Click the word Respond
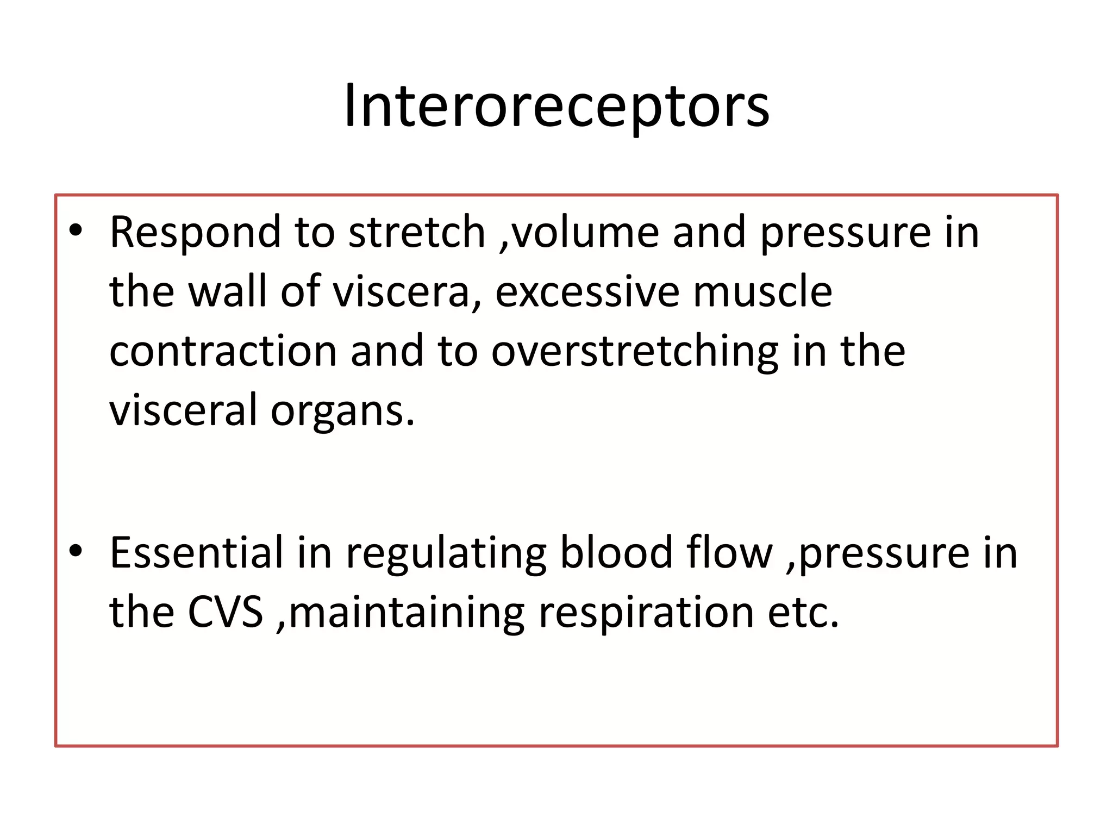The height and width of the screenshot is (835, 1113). [x=195, y=232]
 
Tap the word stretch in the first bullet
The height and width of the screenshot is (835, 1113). [x=416, y=232]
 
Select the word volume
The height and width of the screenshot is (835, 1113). [x=585, y=232]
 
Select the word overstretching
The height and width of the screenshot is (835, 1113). [x=634, y=352]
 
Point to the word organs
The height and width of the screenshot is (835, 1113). [x=342, y=412]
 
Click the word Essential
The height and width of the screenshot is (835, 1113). [x=197, y=553]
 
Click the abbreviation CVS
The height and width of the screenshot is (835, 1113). [x=225, y=612]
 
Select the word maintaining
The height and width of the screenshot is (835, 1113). [x=407, y=613]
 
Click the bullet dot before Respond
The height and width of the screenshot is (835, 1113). [x=76, y=230]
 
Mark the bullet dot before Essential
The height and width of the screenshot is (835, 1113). [x=76, y=551]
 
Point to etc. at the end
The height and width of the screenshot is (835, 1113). [x=803, y=613]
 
